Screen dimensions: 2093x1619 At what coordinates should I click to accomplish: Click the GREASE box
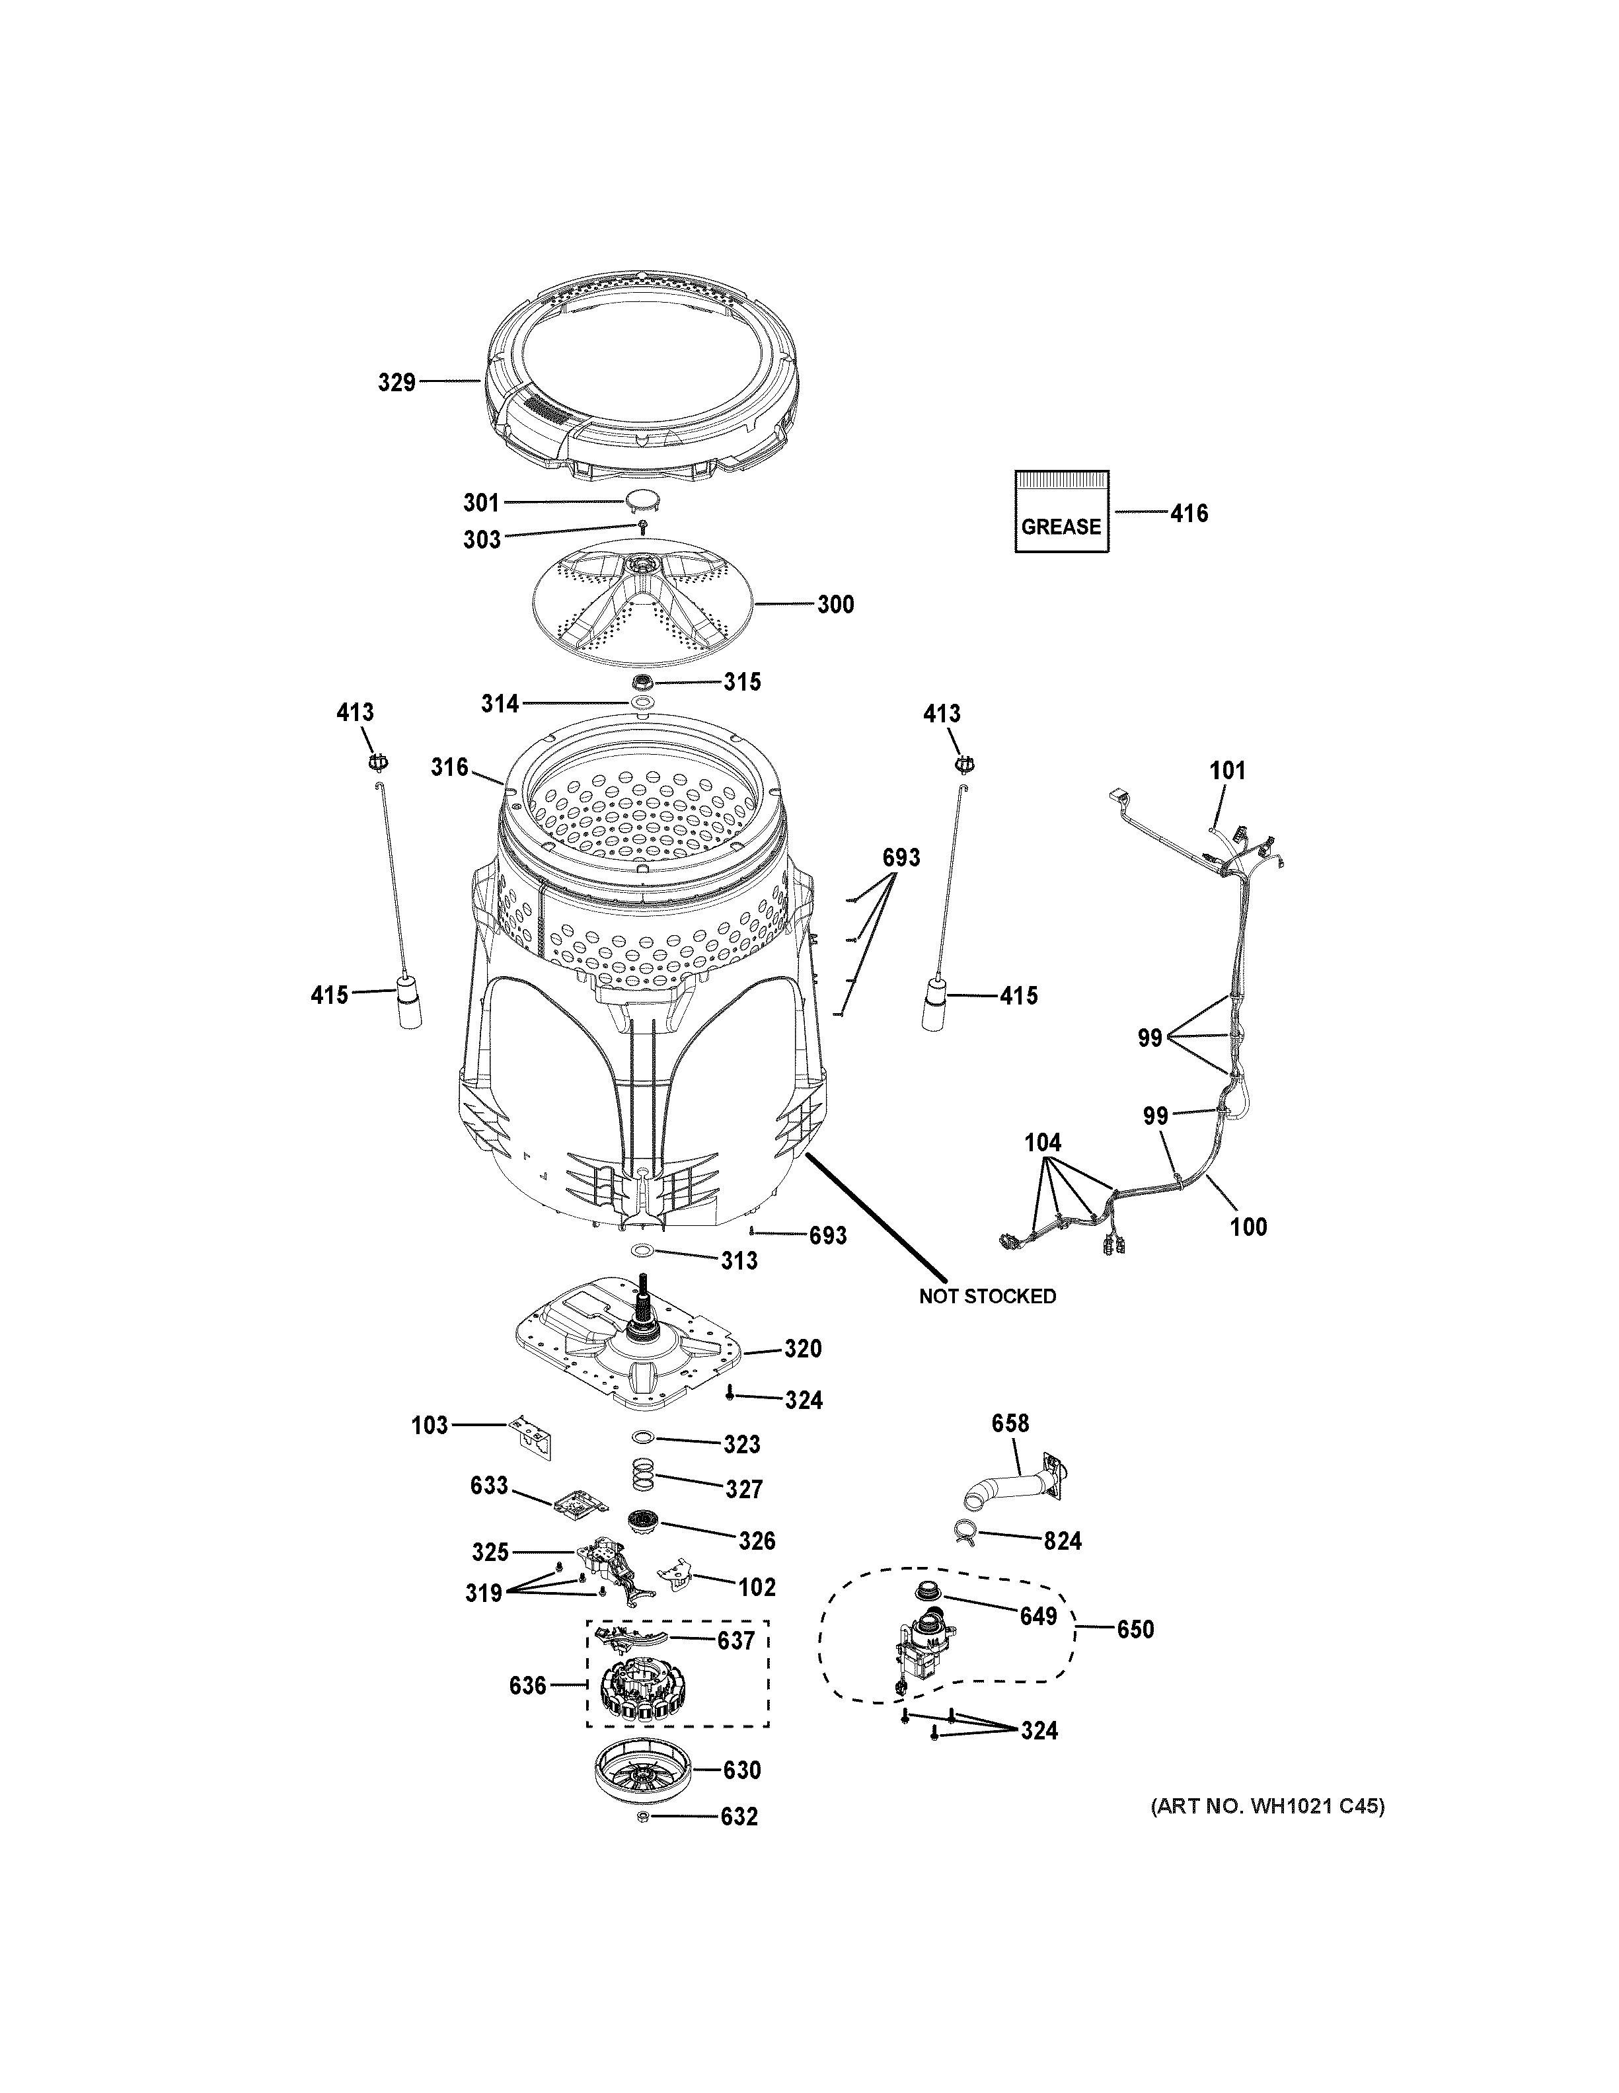coord(1061,512)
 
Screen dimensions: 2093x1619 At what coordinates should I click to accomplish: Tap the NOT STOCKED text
coord(987,1297)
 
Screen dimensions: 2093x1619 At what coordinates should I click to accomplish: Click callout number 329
coord(396,383)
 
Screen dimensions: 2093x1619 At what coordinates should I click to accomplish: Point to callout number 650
coord(1135,1629)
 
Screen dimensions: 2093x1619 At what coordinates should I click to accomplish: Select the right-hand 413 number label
coord(941,713)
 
